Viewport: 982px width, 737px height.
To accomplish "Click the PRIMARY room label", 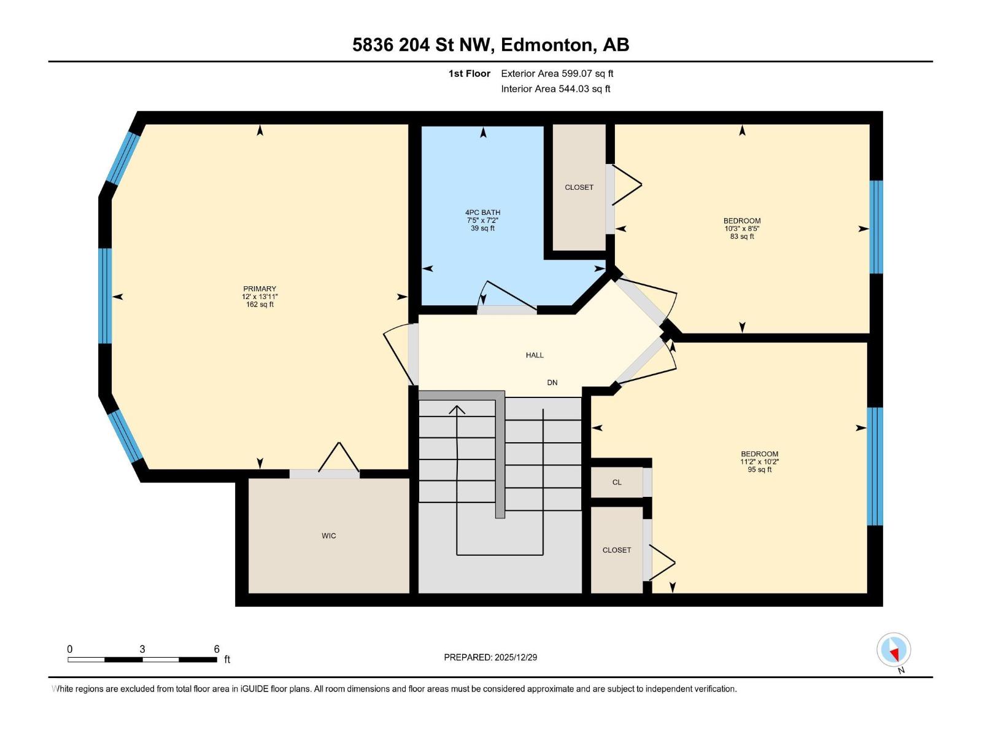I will point(260,289).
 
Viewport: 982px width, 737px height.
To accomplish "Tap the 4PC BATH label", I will point(482,213).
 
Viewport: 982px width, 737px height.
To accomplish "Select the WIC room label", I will point(329,536).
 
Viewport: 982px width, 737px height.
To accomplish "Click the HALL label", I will point(535,355).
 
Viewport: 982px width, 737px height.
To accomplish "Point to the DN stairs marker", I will point(552,383).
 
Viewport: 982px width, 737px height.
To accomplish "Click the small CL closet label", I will point(617,482).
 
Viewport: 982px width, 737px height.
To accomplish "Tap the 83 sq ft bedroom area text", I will point(742,236).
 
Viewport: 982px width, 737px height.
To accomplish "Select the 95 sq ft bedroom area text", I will point(759,470).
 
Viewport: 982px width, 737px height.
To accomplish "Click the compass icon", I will point(894,650).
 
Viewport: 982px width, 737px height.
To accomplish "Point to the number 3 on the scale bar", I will point(142,649).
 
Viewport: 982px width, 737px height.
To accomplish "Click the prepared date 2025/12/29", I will point(516,657).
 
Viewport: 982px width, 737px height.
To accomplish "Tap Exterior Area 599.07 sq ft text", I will point(557,74).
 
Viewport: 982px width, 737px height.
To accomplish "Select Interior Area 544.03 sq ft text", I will point(555,89).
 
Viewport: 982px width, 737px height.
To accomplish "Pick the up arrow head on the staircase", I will point(457,410).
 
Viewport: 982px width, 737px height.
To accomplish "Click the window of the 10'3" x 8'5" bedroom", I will point(876,227).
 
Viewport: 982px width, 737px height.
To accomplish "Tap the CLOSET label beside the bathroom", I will point(579,187).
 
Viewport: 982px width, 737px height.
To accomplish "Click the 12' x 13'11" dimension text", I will point(260,297).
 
